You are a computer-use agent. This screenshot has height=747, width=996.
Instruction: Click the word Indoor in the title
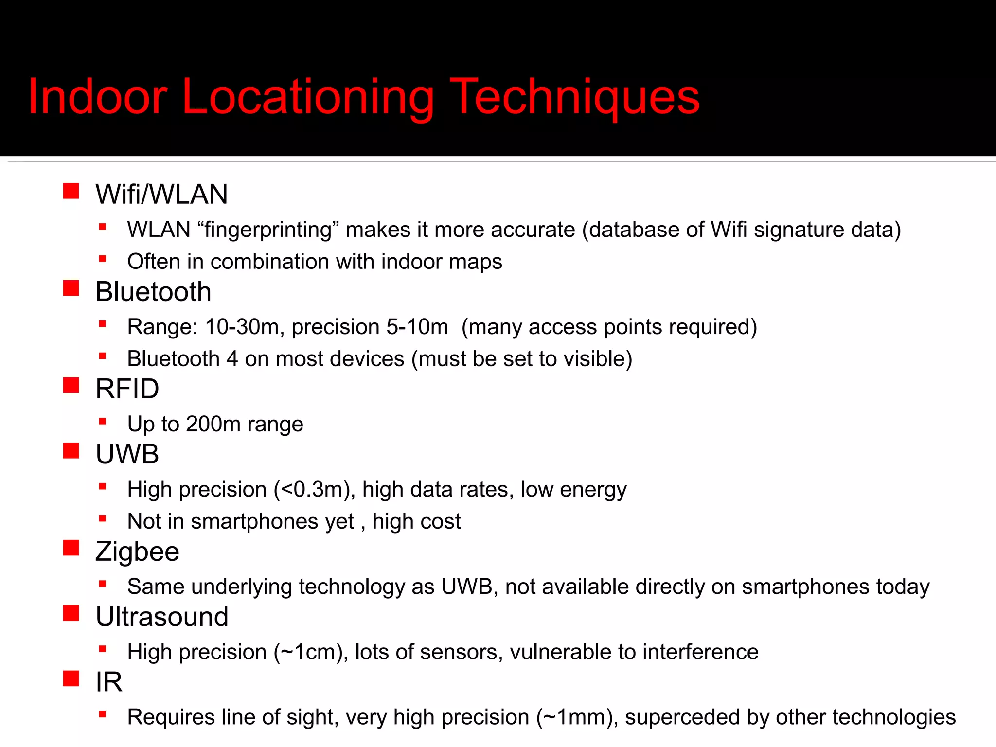tap(98, 97)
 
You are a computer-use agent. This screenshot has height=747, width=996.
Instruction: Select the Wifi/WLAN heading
tap(161, 194)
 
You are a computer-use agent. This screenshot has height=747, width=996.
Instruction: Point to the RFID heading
tap(127, 389)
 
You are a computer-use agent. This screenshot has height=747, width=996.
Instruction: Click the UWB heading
tap(127, 454)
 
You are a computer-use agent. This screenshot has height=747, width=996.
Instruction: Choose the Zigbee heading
tap(138, 551)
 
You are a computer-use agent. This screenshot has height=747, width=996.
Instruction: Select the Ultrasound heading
tap(162, 617)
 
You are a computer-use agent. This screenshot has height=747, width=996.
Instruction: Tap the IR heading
tap(109, 682)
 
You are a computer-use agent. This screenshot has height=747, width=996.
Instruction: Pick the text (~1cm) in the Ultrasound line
tap(311, 652)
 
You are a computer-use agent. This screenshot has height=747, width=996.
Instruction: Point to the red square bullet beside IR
tap(71, 678)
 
